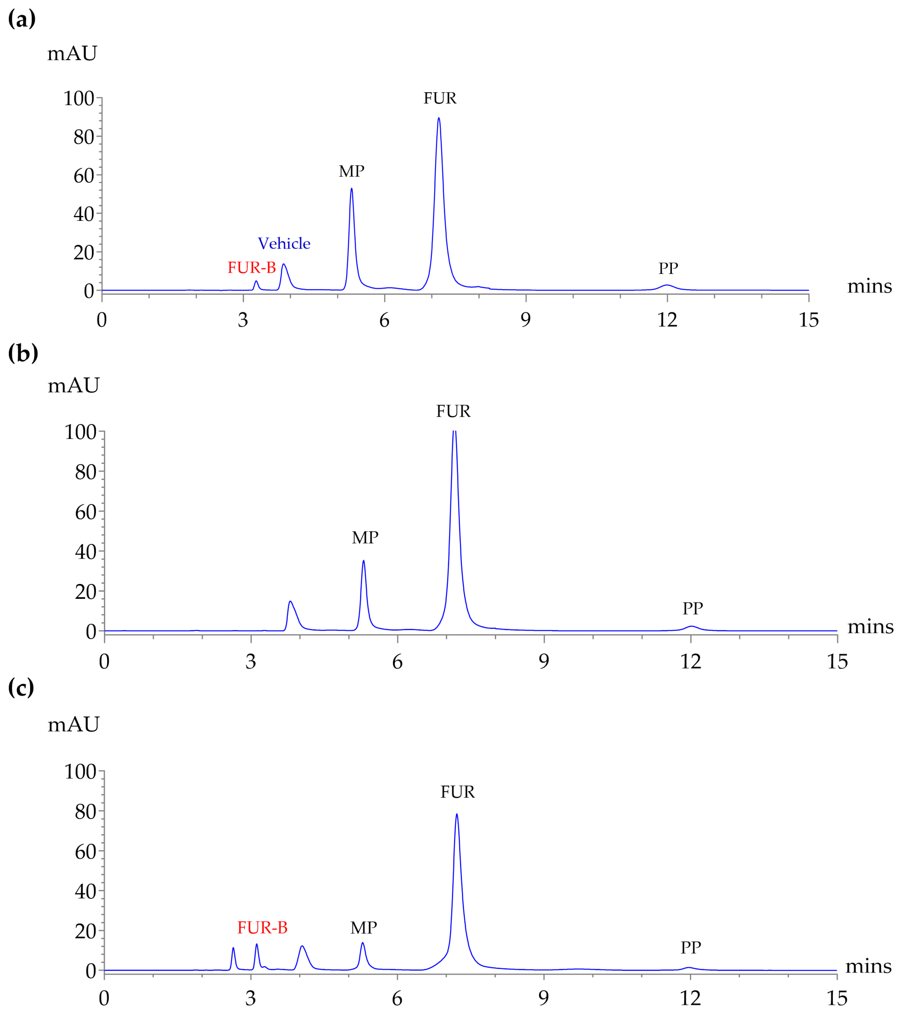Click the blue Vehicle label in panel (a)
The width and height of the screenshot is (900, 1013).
tap(284, 243)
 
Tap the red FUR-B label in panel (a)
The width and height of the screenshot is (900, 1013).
tap(252, 268)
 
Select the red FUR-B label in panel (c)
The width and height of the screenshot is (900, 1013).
tap(262, 927)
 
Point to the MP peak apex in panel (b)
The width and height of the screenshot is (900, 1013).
tap(364, 561)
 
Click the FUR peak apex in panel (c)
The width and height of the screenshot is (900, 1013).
tap(457, 814)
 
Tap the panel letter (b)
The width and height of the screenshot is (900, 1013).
tap(23, 353)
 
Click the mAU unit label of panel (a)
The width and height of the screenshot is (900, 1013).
tap(72, 53)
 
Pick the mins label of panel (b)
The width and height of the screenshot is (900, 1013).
tap(870, 627)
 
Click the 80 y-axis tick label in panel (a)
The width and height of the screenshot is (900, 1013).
tap(84, 137)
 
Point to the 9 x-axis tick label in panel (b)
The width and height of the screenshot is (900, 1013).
tap(544, 662)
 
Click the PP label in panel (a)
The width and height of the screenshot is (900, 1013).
tap(668, 268)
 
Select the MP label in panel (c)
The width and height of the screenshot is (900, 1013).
tap(364, 927)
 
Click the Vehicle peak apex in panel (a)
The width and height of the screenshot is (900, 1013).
tap(283, 264)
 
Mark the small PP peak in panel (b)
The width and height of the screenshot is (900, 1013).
tap(691, 627)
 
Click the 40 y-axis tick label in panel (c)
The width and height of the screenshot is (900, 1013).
tap(85, 891)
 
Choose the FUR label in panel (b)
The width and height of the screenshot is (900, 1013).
tap(453, 411)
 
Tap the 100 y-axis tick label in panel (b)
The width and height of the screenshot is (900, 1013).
tap(80, 432)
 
